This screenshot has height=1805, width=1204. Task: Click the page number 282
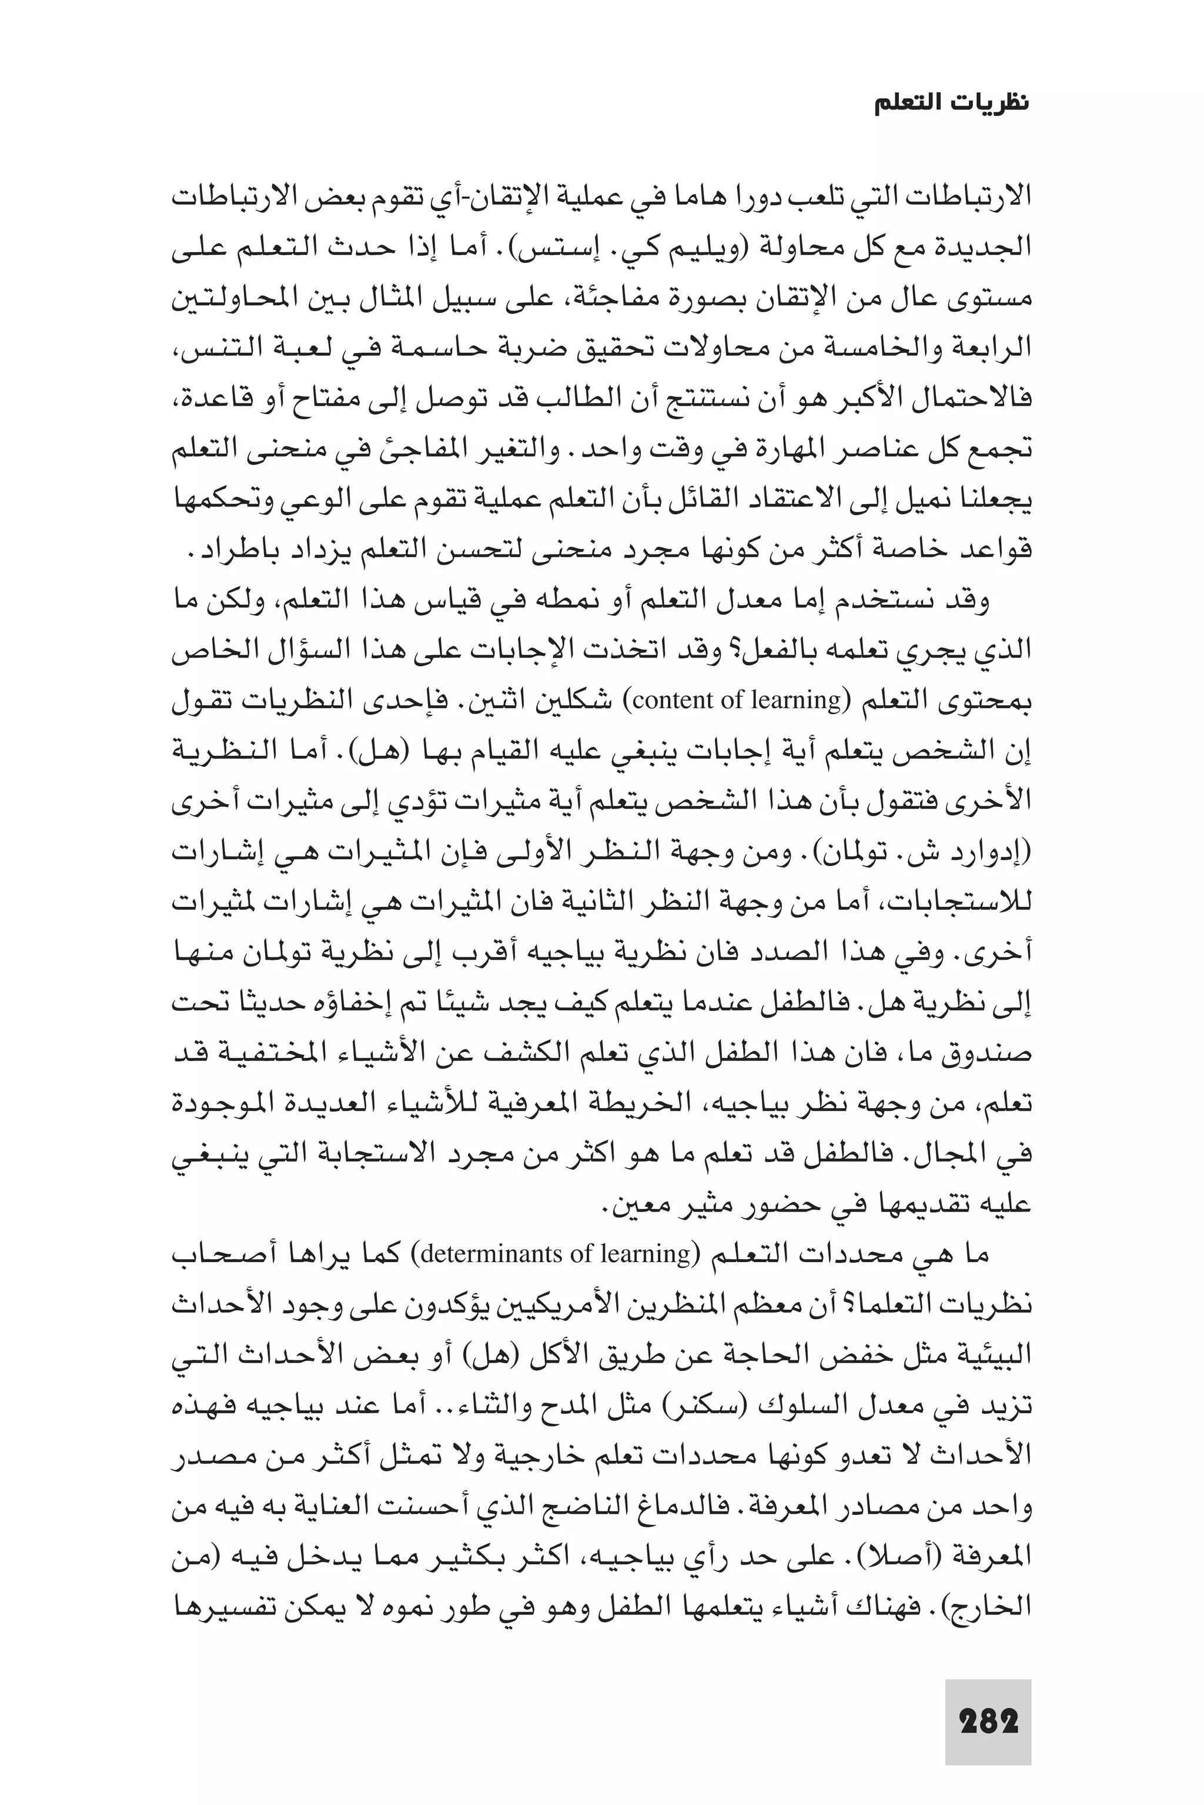988,1721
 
